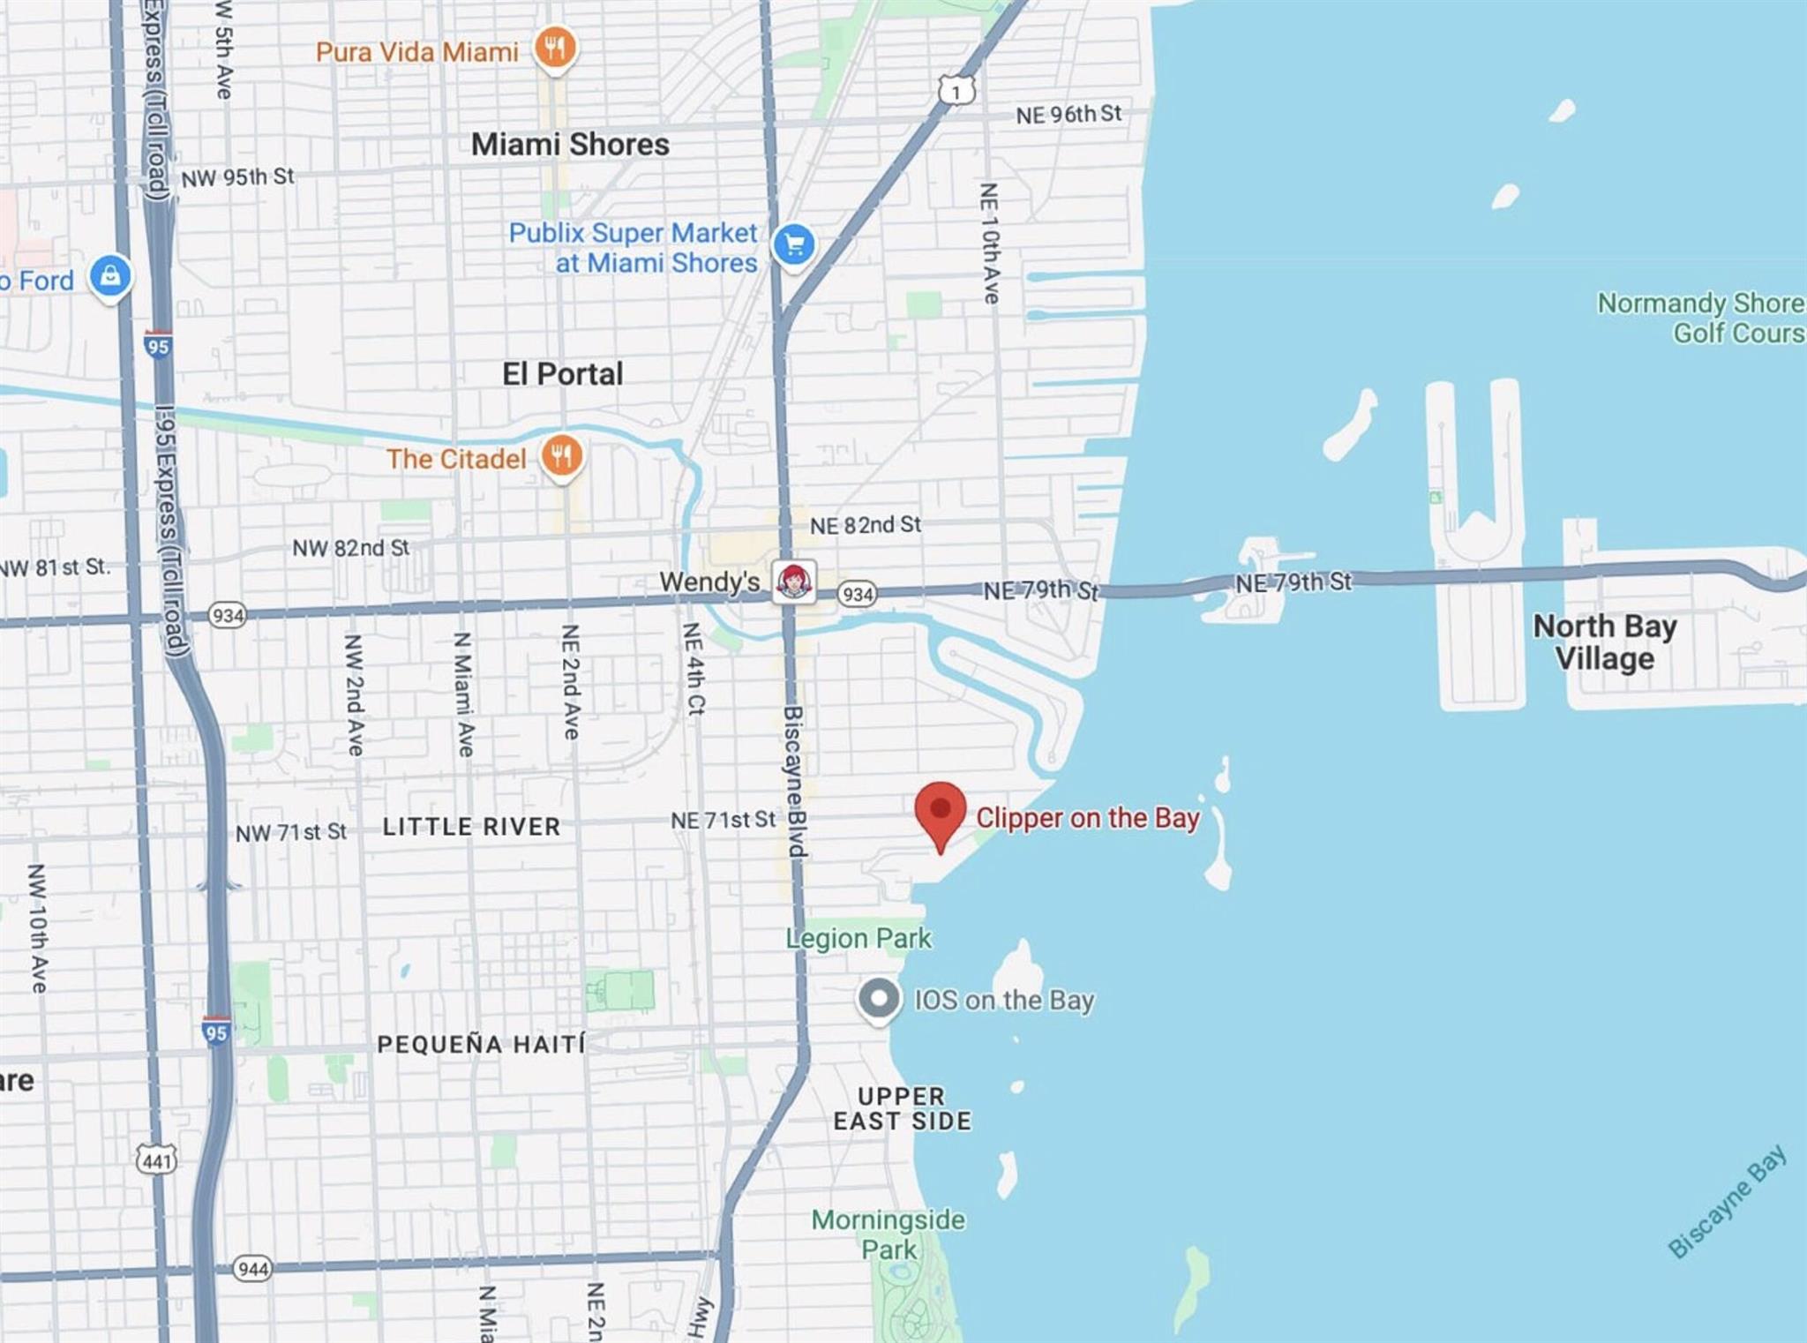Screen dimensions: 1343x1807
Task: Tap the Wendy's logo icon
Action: (x=793, y=581)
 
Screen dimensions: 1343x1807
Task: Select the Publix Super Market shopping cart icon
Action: (x=793, y=244)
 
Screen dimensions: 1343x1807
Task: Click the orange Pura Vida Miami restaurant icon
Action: (x=555, y=49)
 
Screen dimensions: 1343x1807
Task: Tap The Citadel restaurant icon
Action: (x=561, y=457)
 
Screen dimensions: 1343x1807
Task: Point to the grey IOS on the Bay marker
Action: (x=879, y=1000)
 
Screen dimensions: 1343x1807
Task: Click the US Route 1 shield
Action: (x=956, y=90)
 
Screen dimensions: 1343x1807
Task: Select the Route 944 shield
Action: (x=252, y=1269)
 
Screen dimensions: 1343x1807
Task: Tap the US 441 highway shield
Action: (x=157, y=1160)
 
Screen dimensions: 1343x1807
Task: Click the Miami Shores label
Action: (x=570, y=144)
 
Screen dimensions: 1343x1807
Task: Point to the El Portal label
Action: (x=562, y=373)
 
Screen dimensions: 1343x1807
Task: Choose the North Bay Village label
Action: (x=1604, y=642)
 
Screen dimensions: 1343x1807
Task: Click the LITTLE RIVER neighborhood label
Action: (x=471, y=827)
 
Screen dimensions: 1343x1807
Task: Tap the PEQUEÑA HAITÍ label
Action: (x=481, y=1044)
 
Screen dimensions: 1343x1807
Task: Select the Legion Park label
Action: (x=859, y=938)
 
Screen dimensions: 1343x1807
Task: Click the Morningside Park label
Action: (x=889, y=1234)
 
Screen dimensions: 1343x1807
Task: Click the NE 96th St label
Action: (x=1068, y=115)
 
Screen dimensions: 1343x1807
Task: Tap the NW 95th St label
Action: (x=237, y=177)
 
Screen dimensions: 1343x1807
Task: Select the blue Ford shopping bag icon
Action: (x=110, y=277)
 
